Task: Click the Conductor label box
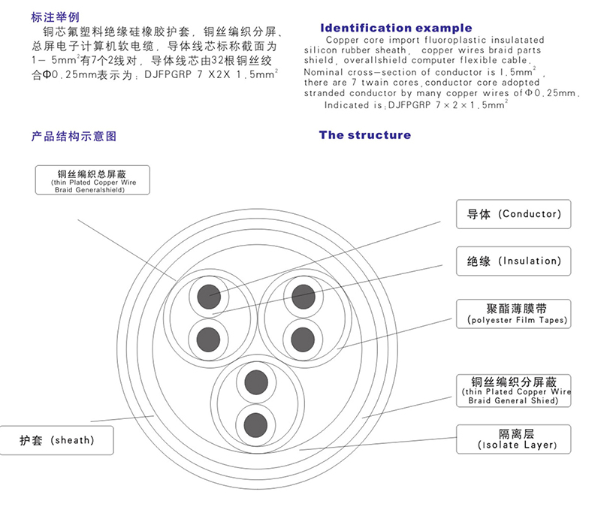click(509, 214)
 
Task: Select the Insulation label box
click(509, 261)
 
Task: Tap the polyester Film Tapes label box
click(513, 314)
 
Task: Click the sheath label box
click(57, 440)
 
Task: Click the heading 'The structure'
click(365, 135)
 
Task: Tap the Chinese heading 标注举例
click(54, 17)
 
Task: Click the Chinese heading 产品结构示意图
click(74, 137)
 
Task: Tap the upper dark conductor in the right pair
click(302, 294)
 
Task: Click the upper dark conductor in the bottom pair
click(255, 381)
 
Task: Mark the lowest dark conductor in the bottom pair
click(255, 422)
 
